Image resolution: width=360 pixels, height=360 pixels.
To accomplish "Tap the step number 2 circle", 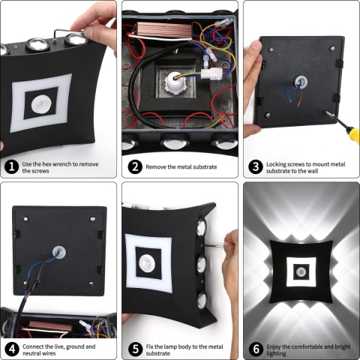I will pos(133,166).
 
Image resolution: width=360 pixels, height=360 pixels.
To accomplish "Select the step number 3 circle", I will pos(254,166).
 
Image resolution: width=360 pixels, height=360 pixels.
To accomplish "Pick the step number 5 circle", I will pos(133,349).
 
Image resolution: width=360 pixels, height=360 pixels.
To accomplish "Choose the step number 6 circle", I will pos(254,349).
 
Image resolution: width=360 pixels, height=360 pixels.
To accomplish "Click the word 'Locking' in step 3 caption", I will pos(278,163).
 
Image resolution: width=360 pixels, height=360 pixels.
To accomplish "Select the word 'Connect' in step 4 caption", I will pos(35,345).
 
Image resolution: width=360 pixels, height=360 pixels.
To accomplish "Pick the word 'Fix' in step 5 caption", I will pos(150,345).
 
